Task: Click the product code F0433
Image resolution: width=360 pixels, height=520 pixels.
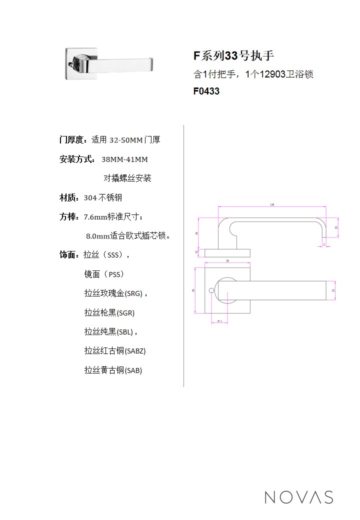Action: [206, 91]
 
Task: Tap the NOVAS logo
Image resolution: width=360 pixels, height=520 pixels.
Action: [298, 497]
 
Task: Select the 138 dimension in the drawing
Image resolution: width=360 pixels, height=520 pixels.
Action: [272, 204]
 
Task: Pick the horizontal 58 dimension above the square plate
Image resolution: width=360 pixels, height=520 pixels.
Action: [227, 261]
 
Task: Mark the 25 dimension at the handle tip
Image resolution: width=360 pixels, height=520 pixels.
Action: [336, 227]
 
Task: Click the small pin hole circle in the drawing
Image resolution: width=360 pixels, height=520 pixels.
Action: [211, 290]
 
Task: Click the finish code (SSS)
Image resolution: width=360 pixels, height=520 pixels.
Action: [113, 255]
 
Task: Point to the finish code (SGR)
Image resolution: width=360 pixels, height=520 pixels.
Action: [125, 313]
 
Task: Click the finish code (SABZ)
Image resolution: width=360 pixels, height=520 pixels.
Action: [135, 351]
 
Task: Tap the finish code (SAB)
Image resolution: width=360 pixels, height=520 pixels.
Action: [133, 370]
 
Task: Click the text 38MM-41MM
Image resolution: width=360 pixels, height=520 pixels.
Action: [124, 160]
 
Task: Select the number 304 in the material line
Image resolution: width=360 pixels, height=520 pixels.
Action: [90, 198]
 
